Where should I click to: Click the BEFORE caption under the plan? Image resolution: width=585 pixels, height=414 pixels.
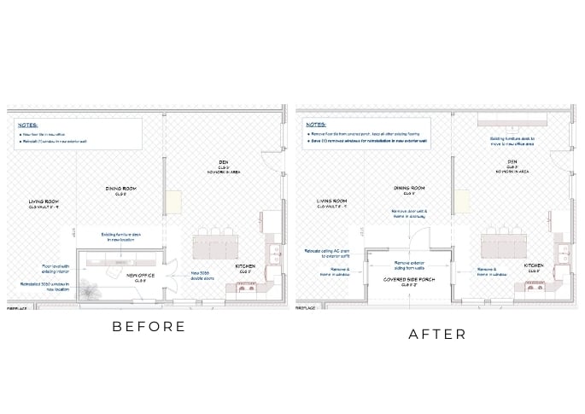149,326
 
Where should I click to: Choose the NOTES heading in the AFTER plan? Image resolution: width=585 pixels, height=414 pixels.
315,124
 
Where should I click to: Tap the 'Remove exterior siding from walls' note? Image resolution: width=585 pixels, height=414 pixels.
407,265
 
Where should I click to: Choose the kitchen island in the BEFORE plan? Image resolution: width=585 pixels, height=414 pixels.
215,248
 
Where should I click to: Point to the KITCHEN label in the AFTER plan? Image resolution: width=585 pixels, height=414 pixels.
534,266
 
